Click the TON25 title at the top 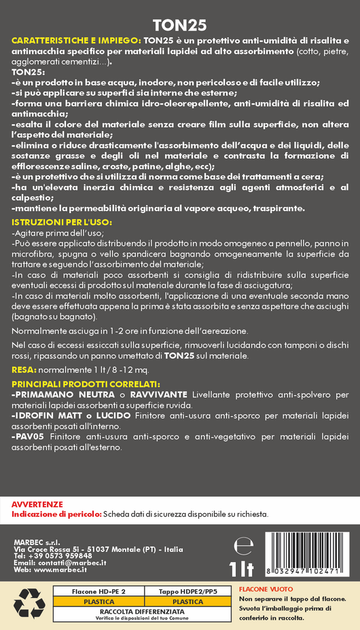(x=180, y=25)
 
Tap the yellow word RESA (x=24, y=370)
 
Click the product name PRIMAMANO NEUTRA (x=60, y=394)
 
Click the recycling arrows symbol (x=29, y=604)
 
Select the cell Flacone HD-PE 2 (x=98, y=592)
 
